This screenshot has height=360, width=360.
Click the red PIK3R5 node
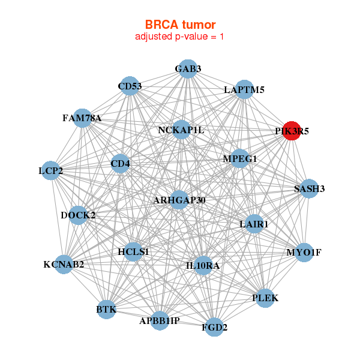click(x=291, y=130)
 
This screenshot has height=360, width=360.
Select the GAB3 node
click(x=188, y=68)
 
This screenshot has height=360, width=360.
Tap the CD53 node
click(x=130, y=86)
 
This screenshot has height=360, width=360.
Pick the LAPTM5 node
click(x=244, y=90)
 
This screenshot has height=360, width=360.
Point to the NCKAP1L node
click(x=181, y=130)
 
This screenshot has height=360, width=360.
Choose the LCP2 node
click(x=51, y=171)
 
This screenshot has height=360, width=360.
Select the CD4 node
click(x=121, y=163)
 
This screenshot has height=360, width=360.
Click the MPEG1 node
click(x=240, y=159)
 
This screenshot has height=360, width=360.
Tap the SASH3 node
click(x=309, y=189)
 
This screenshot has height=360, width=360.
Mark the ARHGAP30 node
click(x=179, y=200)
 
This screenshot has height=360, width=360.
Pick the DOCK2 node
click(x=79, y=215)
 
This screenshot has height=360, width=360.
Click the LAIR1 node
click(x=254, y=224)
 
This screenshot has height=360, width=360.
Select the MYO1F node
click(x=304, y=252)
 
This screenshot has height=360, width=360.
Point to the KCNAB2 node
click(x=64, y=264)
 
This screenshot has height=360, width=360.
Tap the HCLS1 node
click(x=134, y=251)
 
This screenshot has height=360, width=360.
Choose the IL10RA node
click(x=203, y=265)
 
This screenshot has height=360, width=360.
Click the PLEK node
click(x=266, y=298)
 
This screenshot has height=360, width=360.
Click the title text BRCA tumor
click(x=180, y=25)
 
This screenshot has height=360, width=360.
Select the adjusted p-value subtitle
click(x=180, y=37)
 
